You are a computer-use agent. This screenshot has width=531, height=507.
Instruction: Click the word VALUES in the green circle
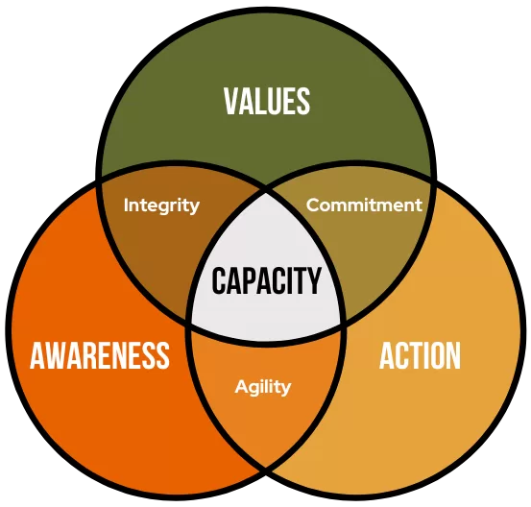coord(267,101)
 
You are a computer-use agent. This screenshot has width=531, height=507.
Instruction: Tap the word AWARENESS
coord(100,355)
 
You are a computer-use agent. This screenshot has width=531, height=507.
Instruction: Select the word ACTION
coord(420,355)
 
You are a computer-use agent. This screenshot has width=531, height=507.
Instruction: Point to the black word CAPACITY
coord(266,280)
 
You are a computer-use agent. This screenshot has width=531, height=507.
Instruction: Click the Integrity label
coord(161,205)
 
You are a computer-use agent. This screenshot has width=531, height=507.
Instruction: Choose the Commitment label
coord(364,205)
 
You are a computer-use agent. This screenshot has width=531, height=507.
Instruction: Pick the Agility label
coord(263,387)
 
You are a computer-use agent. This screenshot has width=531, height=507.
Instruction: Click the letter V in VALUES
coord(231,101)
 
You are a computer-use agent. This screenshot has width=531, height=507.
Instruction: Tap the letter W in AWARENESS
coord(53,355)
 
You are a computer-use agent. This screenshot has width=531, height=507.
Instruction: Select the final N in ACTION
coord(454,355)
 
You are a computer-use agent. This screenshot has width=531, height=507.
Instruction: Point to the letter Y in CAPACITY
coord(314,280)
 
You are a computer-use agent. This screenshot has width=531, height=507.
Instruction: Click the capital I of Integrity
coord(126,205)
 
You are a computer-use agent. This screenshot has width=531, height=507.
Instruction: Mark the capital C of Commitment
coord(313,205)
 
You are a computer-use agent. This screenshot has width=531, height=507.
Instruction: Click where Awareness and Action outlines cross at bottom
coord(266,470)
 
